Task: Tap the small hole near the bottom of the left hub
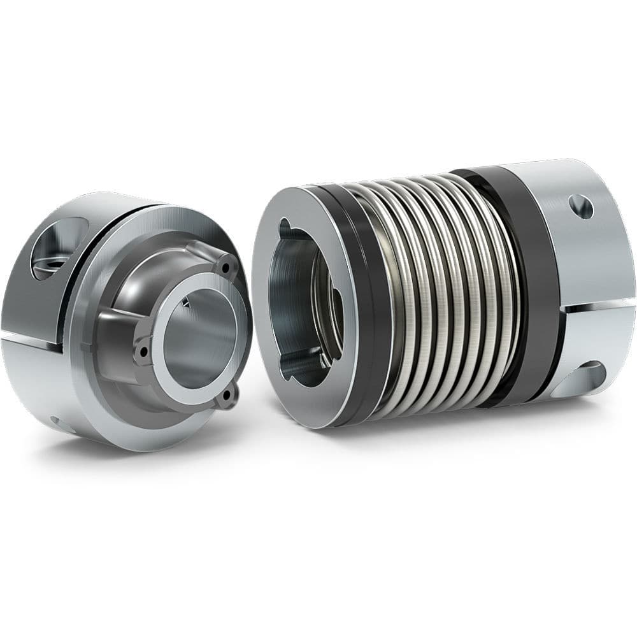pyautogui.click(x=59, y=422)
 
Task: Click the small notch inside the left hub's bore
pyautogui.click(x=187, y=304)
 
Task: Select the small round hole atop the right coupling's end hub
pyautogui.click(x=580, y=207)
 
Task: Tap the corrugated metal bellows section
pyautogui.click(x=433, y=293)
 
